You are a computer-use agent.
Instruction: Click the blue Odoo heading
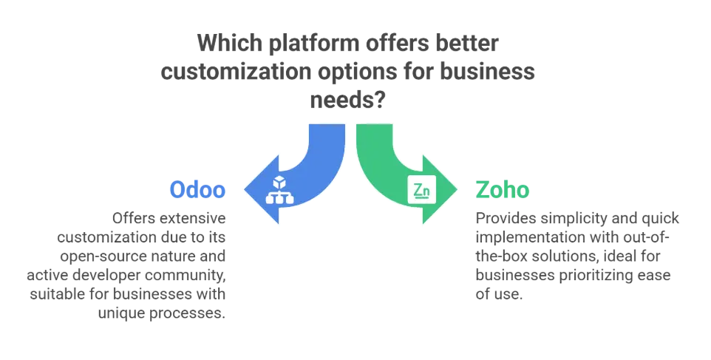[x=197, y=191]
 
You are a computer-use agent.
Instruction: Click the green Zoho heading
[x=502, y=191]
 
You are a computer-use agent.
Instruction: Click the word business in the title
[x=491, y=74]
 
